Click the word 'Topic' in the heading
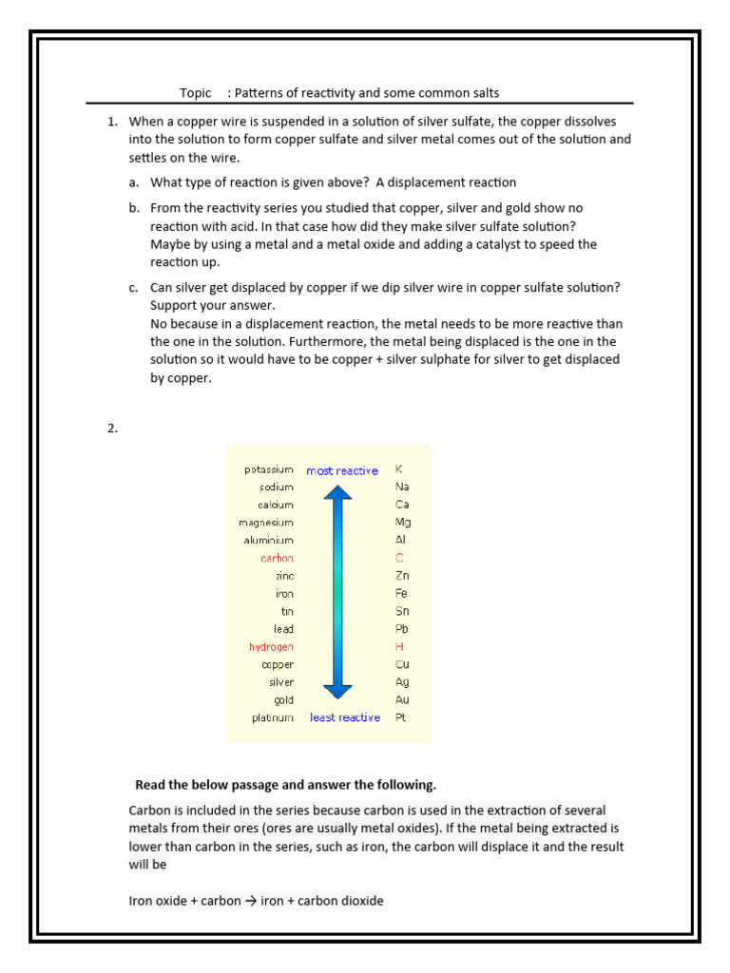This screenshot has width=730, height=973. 196,93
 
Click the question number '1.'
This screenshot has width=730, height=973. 112,122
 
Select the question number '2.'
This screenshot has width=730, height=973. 112,428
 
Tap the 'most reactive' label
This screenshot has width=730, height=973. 341,470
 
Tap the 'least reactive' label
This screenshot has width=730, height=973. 344,717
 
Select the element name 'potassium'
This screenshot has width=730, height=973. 269,469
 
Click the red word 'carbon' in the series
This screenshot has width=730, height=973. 277,559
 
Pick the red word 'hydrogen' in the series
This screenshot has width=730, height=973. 271,647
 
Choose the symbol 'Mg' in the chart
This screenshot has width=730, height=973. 403,523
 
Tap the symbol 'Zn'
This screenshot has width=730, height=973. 402,576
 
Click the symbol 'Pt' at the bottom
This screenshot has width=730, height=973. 400,717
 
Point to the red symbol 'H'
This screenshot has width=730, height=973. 399,647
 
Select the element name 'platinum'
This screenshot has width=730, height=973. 273,717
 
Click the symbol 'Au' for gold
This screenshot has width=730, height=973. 402,700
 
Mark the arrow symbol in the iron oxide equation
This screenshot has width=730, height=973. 251,901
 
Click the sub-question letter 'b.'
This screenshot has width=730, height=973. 134,208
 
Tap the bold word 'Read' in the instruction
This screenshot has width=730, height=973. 150,785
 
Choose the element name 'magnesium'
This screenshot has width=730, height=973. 266,523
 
